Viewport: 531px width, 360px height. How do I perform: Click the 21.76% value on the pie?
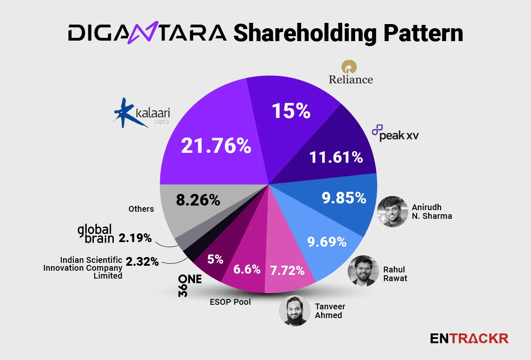point(216,146)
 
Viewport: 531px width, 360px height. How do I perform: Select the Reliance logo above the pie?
point(351,72)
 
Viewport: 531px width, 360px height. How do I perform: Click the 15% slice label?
point(291,111)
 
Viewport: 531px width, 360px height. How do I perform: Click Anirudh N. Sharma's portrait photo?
point(392,211)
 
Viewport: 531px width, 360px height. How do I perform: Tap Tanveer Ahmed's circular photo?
point(295,311)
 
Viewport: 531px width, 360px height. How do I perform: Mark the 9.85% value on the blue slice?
point(344,198)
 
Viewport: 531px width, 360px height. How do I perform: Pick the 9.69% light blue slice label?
point(326,241)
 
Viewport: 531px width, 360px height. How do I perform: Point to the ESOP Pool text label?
point(230,302)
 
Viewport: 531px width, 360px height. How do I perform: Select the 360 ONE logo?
point(189,285)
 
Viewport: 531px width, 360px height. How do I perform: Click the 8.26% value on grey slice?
point(197,200)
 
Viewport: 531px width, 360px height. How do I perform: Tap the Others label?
point(141,209)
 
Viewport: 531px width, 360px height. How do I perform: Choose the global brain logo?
point(95,233)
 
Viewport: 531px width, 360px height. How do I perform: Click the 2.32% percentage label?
point(142,262)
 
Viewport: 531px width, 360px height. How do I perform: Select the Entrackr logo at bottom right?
point(469,338)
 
